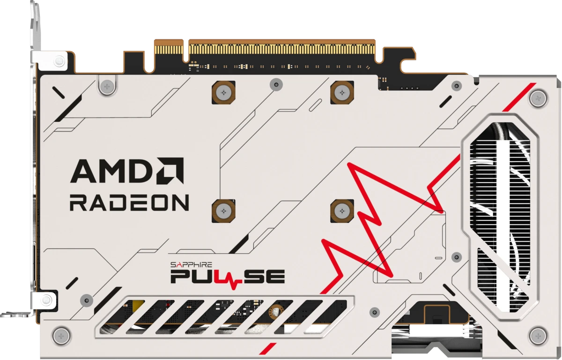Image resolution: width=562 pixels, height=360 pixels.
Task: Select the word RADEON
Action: (129, 203)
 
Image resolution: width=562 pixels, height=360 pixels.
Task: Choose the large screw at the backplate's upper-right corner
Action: (537, 98)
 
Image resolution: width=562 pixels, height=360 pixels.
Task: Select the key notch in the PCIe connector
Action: (185, 47)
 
